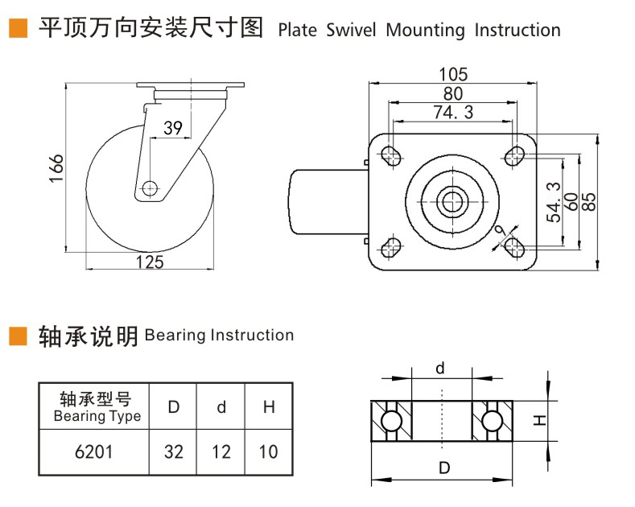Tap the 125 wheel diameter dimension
click(150, 262)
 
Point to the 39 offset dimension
click(172, 127)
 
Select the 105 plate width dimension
click(452, 74)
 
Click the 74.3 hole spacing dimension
click(452, 113)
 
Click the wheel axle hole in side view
click(149, 188)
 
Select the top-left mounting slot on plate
click(392, 154)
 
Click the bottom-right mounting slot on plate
click(513, 247)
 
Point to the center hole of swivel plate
click(452, 200)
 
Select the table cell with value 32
click(173, 451)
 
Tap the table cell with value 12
click(221, 451)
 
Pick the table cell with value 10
click(268, 451)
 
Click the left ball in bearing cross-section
click(391, 421)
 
